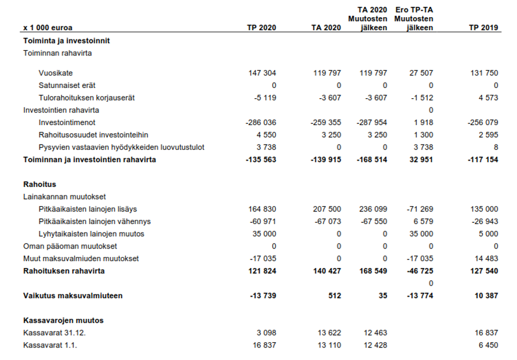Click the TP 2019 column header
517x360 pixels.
(x=483, y=27)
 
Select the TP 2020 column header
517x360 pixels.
(x=261, y=27)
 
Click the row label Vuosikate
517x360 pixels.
(x=55, y=73)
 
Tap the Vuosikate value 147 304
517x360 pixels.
(x=262, y=73)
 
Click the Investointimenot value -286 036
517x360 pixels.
(x=261, y=123)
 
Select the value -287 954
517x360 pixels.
(x=373, y=123)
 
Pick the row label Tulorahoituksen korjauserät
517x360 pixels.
(x=86, y=98)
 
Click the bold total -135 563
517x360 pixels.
(x=261, y=160)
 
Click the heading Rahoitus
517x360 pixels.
(x=39, y=185)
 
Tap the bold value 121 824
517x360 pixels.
(x=262, y=271)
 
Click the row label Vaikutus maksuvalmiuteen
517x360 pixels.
(x=73, y=296)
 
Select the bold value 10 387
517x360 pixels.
(x=485, y=296)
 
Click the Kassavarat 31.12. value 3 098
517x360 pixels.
(x=267, y=333)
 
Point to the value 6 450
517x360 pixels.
(x=487, y=345)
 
